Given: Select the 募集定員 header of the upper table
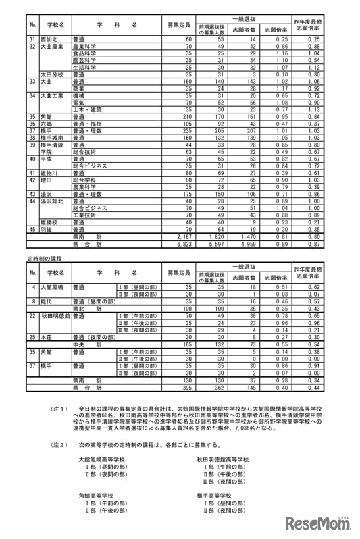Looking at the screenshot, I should pyautogui.click(x=178, y=24).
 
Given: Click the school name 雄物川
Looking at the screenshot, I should pyautogui.click(x=50, y=174).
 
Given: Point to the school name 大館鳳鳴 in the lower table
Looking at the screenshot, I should pyautogui.click(x=53, y=288).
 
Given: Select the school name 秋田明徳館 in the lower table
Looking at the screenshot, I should pyautogui.click(x=55, y=315).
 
